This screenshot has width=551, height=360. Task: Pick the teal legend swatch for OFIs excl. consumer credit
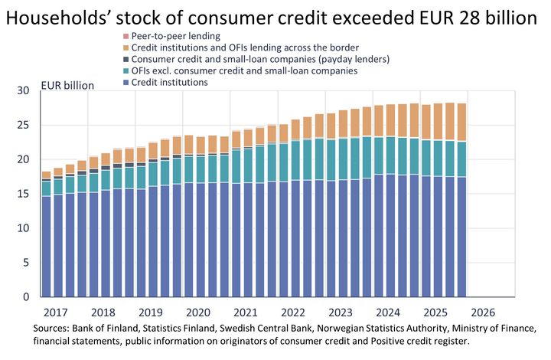[x=126, y=71]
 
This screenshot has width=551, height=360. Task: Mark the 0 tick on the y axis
[x=25, y=297]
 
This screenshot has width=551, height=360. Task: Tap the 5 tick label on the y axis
[x=25, y=263]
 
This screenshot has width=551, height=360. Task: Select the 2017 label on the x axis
[x=56, y=313]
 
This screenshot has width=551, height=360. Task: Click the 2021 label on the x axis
[x=245, y=313]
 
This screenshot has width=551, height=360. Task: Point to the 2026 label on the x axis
[x=482, y=313]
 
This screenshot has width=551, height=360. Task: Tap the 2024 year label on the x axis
[x=387, y=313]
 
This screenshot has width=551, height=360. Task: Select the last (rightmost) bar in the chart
[x=461, y=230]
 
